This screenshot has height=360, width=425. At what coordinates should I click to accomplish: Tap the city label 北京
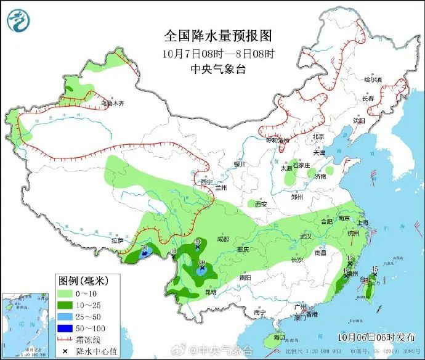(x=318, y=137)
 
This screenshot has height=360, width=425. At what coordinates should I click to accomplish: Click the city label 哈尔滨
(x=373, y=80)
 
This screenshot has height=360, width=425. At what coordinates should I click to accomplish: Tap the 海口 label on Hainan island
(x=279, y=337)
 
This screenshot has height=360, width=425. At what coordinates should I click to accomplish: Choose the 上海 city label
(x=363, y=223)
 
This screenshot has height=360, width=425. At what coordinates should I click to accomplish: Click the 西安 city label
(x=261, y=203)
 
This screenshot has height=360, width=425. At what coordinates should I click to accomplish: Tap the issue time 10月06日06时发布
(x=376, y=337)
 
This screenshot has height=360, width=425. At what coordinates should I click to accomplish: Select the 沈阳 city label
(x=359, y=121)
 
